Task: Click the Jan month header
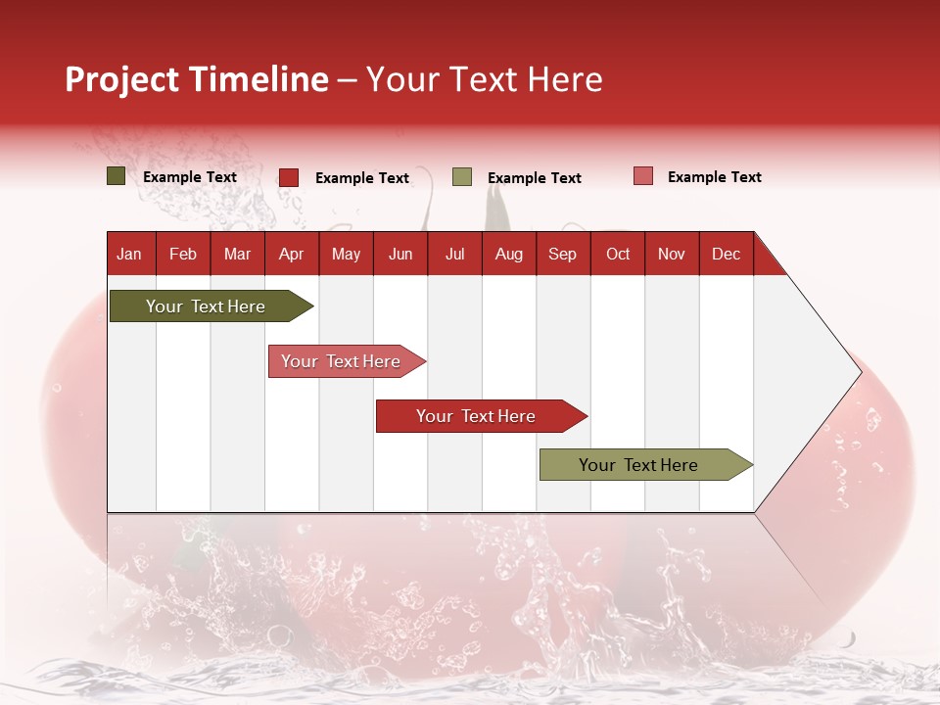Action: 129,254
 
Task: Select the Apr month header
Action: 291,254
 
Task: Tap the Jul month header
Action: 454,254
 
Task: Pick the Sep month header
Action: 562,254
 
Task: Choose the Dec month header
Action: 726,254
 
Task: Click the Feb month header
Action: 183,254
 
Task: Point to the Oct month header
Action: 618,254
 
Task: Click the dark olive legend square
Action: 116,176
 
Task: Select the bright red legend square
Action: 289,177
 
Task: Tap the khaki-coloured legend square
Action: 462,177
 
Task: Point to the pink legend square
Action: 643,176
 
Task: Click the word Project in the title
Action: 122,79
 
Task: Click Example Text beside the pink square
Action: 714,177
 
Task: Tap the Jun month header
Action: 400,254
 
